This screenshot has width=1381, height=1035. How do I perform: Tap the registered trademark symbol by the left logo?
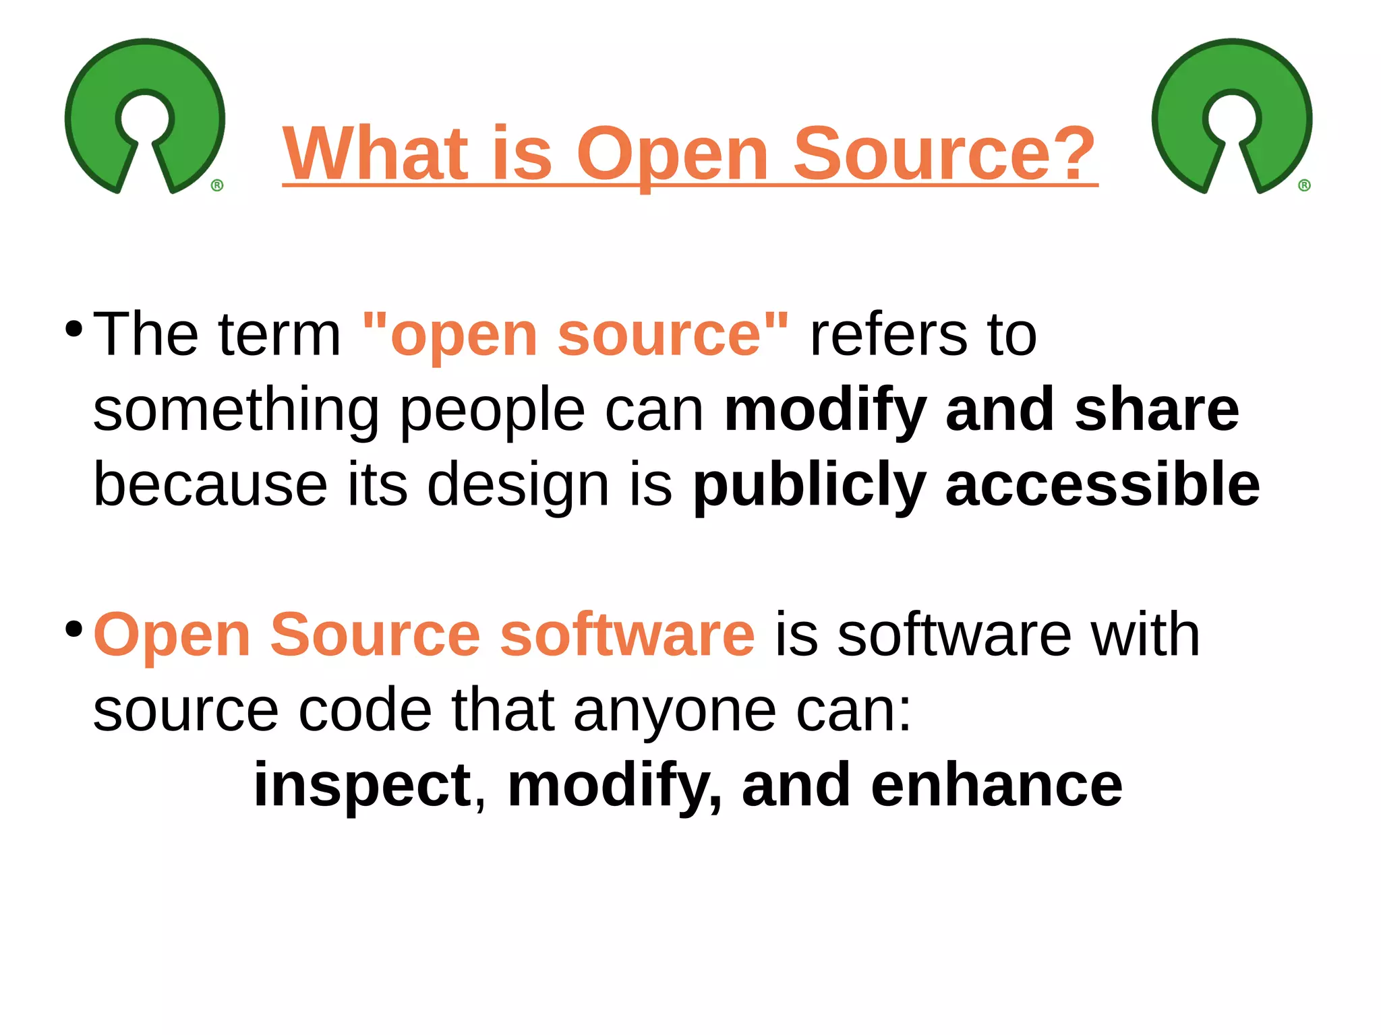click(x=217, y=185)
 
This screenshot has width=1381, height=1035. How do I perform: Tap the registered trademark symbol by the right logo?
click(x=1304, y=185)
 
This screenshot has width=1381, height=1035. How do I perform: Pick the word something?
click(x=236, y=411)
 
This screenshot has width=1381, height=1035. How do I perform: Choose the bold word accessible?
click(x=1103, y=485)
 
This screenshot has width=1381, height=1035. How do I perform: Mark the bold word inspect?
click(x=363, y=787)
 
